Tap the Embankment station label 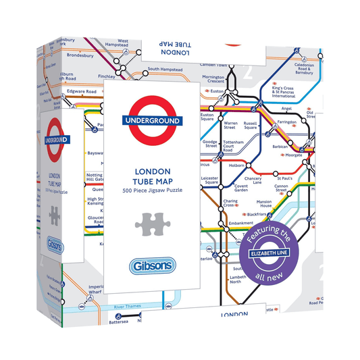point(240,223)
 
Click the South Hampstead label point(166,69)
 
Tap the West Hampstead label point(123,44)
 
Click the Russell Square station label point(251,126)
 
